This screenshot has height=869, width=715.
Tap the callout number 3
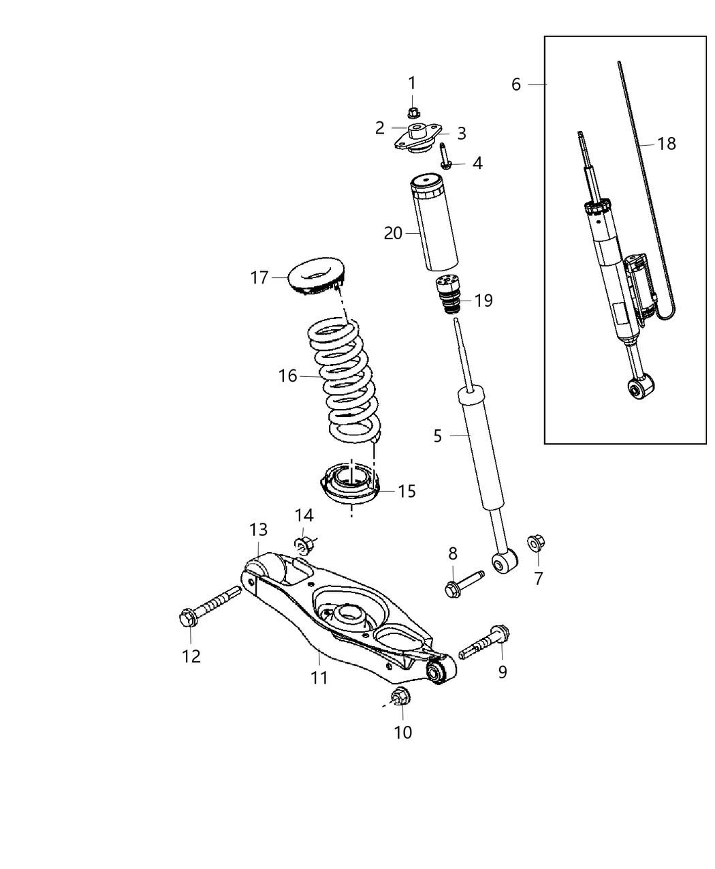coord(462,134)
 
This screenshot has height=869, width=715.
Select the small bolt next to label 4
coord(444,157)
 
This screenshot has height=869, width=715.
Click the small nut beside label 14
coord(303,544)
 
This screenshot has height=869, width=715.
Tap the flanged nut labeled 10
coord(400,696)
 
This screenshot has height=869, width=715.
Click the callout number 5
coord(438,436)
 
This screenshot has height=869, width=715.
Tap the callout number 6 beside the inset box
coord(516,85)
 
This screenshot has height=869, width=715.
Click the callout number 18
coord(667,144)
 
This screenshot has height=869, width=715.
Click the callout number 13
coord(258,530)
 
